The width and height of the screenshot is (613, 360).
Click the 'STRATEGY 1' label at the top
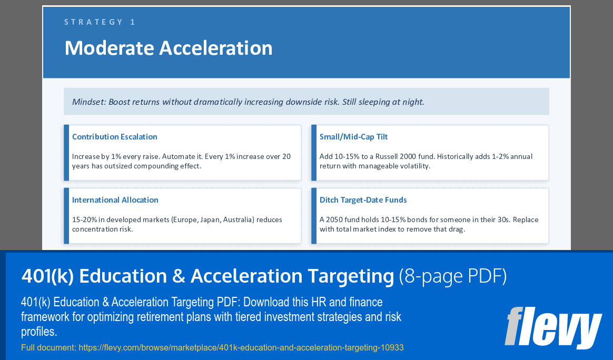[100, 22]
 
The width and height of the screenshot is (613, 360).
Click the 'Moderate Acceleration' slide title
[169, 48]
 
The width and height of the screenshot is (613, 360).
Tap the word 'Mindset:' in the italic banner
[89, 102]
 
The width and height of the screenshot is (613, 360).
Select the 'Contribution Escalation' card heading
[115, 137]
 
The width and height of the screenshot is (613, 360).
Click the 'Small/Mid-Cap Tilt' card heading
[353, 137]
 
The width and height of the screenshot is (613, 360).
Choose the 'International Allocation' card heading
[115, 200]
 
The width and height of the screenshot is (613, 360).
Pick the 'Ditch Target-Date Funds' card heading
[363, 200]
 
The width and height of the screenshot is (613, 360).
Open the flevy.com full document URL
[241, 347]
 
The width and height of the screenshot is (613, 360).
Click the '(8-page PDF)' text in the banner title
[453, 276]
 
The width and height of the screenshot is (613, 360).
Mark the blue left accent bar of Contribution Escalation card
[66, 153]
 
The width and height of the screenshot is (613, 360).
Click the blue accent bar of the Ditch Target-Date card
[314, 216]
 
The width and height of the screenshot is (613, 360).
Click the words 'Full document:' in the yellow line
[48, 347]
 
